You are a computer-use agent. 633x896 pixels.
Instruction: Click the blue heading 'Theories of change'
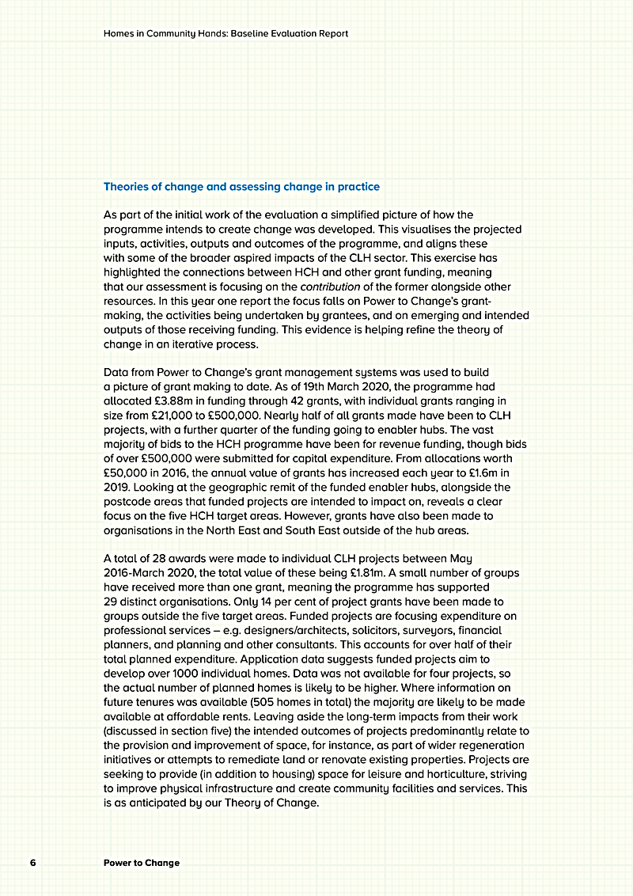point(241,187)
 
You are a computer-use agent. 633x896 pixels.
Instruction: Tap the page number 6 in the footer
point(32,862)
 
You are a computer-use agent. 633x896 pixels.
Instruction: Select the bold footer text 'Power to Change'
point(142,862)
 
